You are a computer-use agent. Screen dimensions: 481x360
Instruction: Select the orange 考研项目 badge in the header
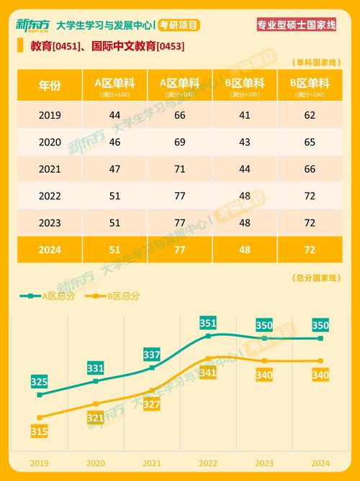178,25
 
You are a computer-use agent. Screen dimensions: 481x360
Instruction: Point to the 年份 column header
50,85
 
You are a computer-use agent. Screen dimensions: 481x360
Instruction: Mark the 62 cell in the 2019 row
310,115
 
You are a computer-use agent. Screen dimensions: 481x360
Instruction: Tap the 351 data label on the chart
207,323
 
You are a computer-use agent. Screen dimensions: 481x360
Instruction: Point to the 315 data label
40,431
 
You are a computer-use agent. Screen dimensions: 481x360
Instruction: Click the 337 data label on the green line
152,355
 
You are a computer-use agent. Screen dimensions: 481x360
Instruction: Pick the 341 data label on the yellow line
207,372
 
